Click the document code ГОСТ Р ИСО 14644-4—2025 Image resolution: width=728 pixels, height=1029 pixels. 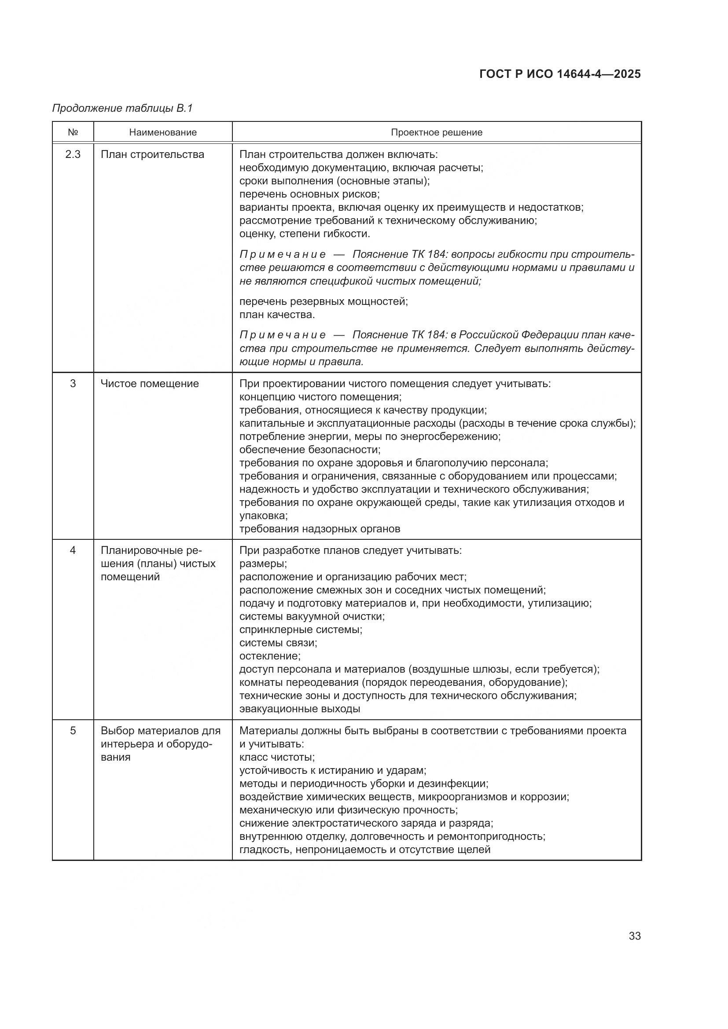(560, 74)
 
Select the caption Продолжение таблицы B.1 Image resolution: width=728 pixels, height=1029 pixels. (122, 108)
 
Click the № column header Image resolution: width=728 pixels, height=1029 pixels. (73, 133)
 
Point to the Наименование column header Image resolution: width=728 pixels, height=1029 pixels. (163, 133)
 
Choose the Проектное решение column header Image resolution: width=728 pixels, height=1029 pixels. (436, 133)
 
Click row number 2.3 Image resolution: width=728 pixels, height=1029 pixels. (73, 154)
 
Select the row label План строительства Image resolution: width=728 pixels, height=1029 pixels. (152, 154)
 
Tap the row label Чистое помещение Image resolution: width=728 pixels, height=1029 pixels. (150, 384)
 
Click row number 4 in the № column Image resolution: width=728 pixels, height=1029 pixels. (73, 550)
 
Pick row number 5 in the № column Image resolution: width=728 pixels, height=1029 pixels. (73, 731)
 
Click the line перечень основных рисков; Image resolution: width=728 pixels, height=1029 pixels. (309, 194)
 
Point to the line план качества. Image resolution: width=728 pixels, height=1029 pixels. (277, 315)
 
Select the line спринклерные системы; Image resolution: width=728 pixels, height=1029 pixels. (301, 630)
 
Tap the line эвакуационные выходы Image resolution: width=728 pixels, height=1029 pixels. (299, 709)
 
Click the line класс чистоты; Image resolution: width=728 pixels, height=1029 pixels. (277, 758)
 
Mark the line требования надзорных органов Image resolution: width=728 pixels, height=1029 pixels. (320, 529)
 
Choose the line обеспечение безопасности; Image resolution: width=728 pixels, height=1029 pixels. (310, 450)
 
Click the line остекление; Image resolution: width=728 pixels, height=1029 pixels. (270, 656)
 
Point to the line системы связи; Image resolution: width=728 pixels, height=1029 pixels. (278, 643)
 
